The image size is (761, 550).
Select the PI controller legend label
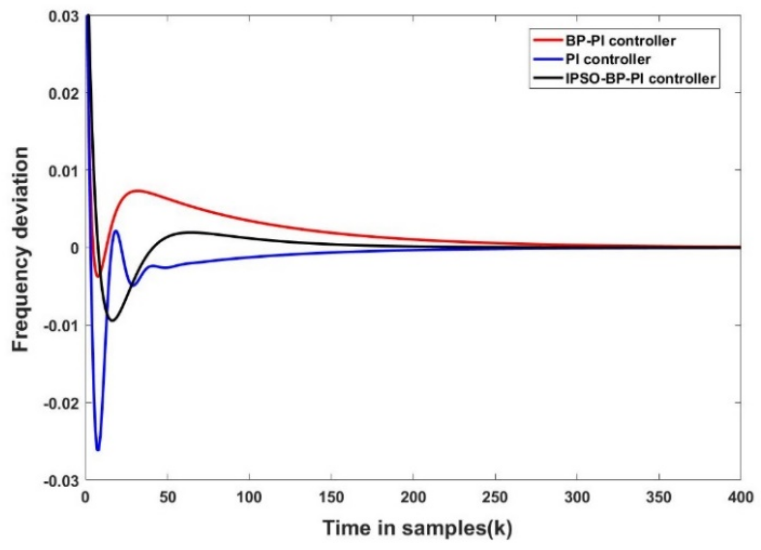[608, 60]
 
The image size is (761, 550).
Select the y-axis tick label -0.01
[61, 325]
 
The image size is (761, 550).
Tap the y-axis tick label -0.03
[61, 481]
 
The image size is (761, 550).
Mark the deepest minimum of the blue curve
[98, 450]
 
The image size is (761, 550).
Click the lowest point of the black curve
[112, 321]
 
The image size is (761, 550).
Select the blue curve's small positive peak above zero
[116, 230]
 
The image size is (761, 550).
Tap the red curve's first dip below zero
[98, 277]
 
